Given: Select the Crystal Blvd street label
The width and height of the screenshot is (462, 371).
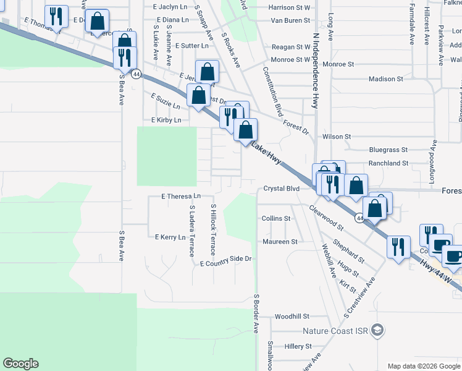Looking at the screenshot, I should pyautogui.click(x=281, y=189).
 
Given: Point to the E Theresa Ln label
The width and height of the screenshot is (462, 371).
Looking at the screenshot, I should pyautogui.click(x=182, y=197).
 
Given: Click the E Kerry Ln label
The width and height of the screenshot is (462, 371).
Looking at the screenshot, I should pyautogui.click(x=170, y=237).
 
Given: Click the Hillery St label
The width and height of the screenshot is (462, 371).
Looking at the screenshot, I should pyautogui.click(x=298, y=347).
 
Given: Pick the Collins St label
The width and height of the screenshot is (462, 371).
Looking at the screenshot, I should pyautogui.click(x=275, y=219).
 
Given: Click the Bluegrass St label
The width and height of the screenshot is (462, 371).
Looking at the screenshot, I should pyautogui.click(x=388, y=150).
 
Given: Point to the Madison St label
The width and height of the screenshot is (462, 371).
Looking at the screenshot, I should pyautogui.click(x=385, y=79).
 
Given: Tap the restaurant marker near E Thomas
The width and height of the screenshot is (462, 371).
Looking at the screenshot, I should pyautogui.click(x=57, y=17).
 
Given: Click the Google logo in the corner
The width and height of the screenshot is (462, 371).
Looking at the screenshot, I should pyautogui.click(x=20, y=364).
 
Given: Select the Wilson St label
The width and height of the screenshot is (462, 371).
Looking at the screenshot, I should pyautogui.click(x=336, y=136).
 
